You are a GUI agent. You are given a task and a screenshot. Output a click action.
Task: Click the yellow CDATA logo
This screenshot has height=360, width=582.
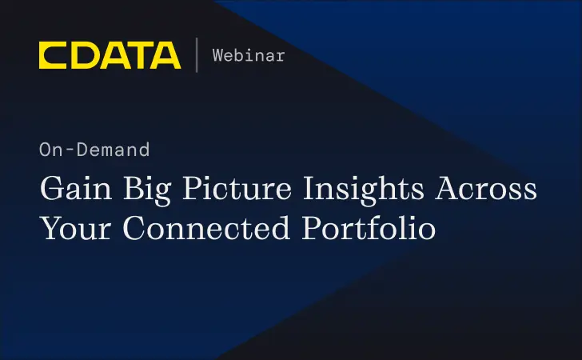[110, 55]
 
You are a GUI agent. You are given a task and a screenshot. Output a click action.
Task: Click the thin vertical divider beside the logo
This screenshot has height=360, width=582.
[197, 55]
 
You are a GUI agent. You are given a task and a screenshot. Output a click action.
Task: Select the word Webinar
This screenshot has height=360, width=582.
[249, 55]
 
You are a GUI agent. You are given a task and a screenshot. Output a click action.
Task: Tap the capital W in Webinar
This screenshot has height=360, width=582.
[217, 55]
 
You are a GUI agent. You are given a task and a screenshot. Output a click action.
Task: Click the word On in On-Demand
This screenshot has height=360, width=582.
[49, 150]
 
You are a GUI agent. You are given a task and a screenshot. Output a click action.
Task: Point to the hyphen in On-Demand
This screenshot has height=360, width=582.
[65, 150]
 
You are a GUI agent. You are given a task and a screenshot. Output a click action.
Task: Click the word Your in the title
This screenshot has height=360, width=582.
[77, 228]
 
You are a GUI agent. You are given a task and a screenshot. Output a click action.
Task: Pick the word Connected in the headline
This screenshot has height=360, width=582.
[206, 228]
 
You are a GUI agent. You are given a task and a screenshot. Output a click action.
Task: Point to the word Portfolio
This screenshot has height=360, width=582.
[369, 228]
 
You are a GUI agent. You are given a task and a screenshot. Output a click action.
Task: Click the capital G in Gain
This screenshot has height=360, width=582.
[51, 191]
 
